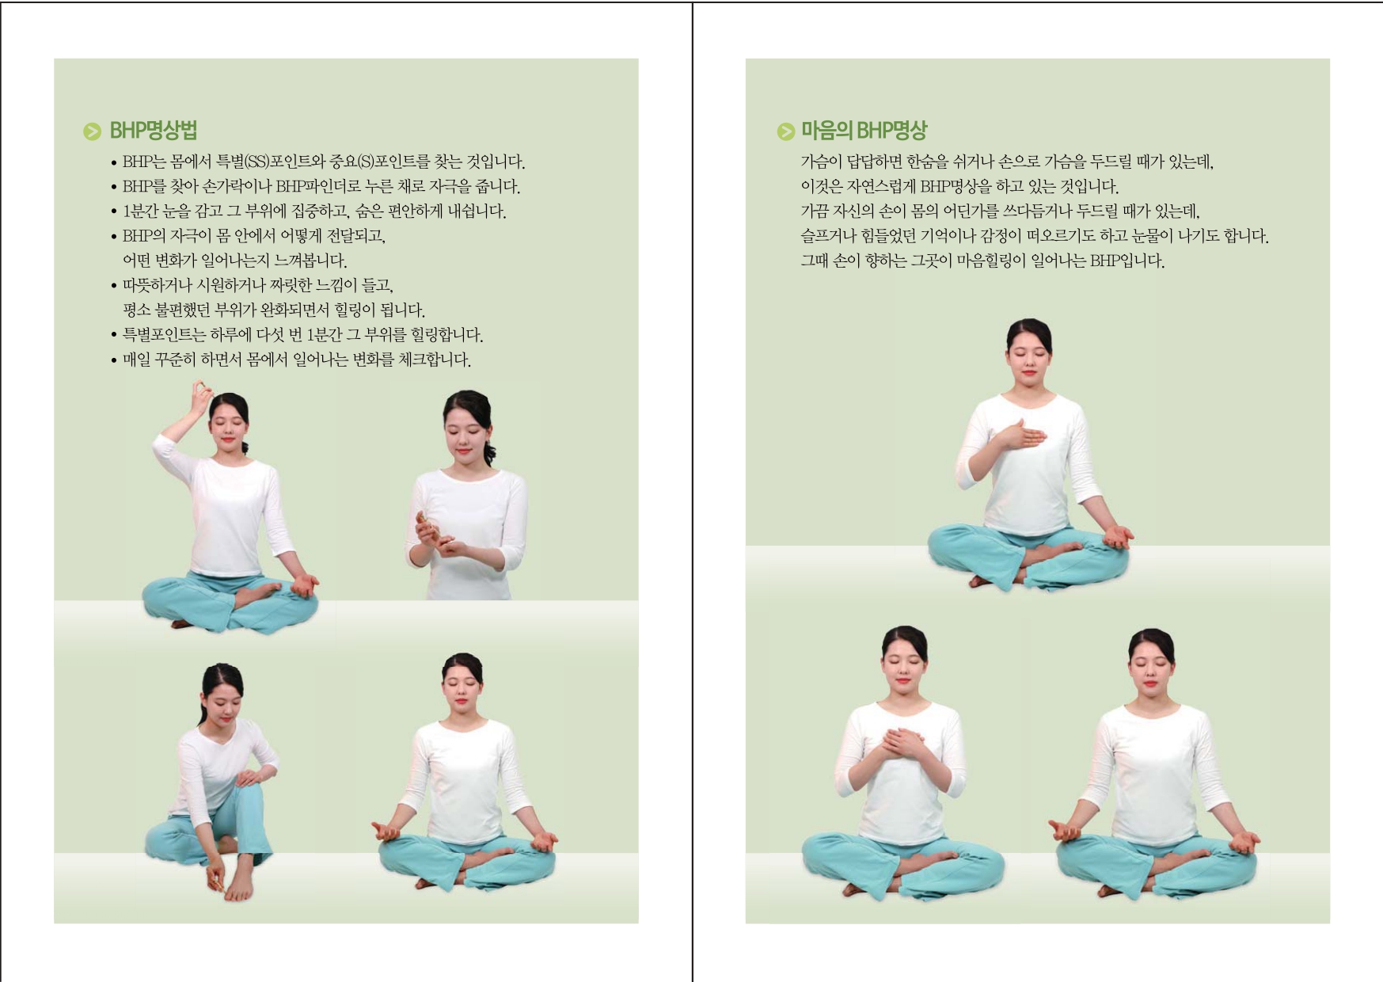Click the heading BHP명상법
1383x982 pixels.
[153, 131]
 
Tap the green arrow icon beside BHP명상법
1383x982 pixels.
[93, 131]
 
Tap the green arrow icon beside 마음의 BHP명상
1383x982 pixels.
[785, 131]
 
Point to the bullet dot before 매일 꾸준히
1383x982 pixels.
[114, 361]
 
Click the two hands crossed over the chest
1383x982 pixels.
[902, 744]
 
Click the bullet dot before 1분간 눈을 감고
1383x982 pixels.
[114, 212]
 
